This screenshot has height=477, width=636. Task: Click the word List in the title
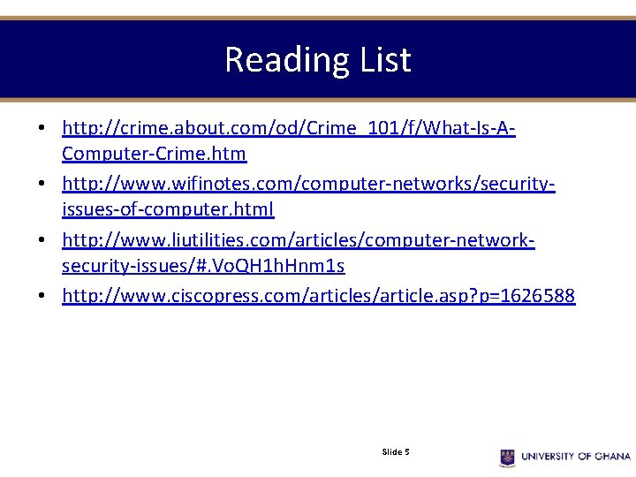click(384, 60)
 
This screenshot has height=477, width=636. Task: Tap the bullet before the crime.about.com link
click(42, 129)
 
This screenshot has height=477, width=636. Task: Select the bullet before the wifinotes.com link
click(42, 185)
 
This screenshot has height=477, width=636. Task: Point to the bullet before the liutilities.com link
click(42, 240)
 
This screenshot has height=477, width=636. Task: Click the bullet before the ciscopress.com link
click(42, 296)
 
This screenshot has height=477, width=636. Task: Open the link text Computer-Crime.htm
click(154, 154)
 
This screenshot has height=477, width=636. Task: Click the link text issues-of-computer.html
click(168, 209)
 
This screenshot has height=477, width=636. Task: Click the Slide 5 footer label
click(395, 452)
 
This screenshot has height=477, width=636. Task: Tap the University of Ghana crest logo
click(507, 457)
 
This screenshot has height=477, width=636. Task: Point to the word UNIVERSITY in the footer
click(548, 457)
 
